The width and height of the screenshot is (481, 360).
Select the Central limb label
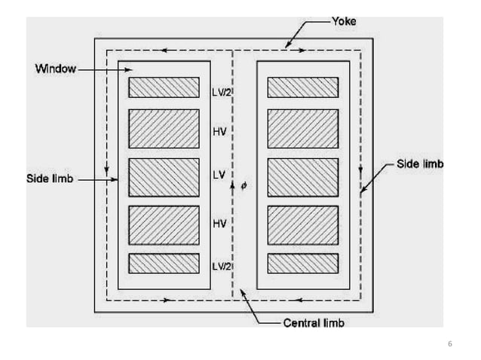point(314,324)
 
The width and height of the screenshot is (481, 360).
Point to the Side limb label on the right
point(420,163)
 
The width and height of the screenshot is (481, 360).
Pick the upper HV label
point(219,130)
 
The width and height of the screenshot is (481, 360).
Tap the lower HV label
point(219,223)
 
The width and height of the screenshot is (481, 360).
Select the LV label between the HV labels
point(218,176)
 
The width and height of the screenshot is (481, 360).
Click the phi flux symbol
point(243,184)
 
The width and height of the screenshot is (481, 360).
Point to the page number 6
point(450,344)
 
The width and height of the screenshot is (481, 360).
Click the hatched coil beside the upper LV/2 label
point(164,87)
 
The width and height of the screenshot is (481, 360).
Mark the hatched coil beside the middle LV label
point(164,177)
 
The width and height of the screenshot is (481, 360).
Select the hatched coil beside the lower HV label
point(164,223)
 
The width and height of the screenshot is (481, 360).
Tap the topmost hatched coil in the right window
point(302,87)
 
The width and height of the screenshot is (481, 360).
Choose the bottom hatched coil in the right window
point(302,263)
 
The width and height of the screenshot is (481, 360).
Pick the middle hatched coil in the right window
point(302,177)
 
